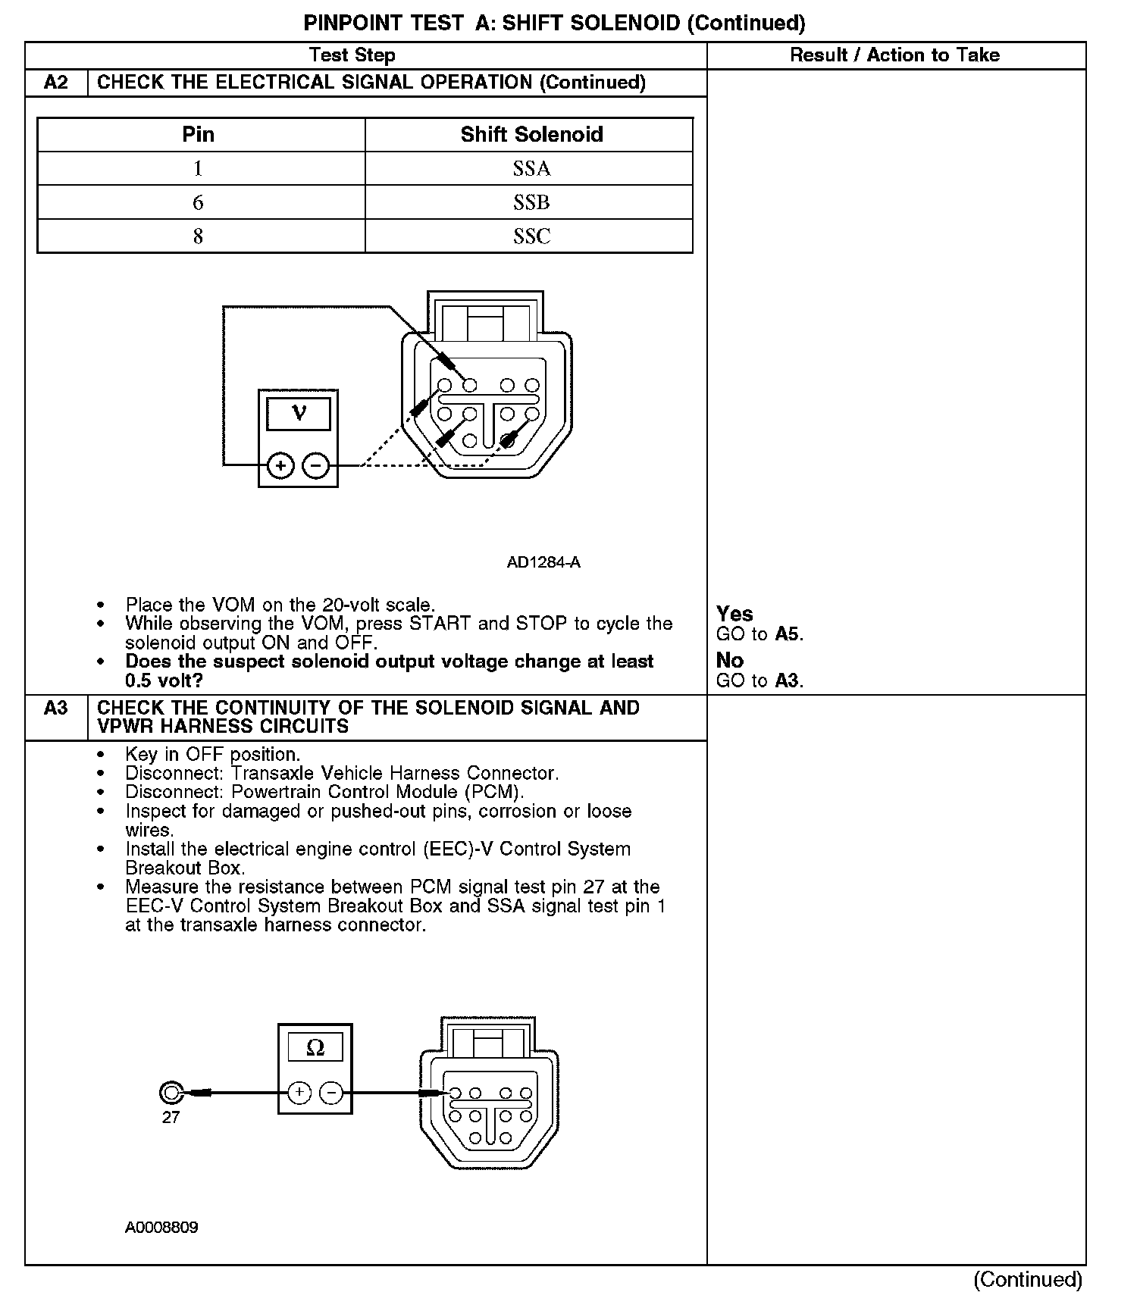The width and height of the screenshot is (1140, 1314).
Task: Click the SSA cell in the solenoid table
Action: pos(531,168)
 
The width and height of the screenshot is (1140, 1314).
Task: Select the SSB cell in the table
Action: pos(531,202)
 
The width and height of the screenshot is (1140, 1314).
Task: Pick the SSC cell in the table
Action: pos(531,236)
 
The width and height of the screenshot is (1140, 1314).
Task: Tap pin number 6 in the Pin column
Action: pos(198,202)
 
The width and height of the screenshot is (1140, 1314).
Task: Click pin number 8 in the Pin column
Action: pos(198,236)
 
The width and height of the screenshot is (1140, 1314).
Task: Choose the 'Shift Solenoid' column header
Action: pos(531,135)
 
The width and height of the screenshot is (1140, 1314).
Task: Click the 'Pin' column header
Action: pos(198,135)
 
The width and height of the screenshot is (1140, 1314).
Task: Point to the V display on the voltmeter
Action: pos(299,414)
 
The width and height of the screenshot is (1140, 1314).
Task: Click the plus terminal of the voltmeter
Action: pos(280,465)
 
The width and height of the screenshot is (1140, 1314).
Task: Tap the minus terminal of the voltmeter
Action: pos(316,465)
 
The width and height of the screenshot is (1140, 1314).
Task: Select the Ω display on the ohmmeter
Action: pos(315,1048)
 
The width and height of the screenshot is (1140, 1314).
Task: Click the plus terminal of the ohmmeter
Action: pos(299,1093)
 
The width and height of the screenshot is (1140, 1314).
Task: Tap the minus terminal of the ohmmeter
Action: pos(331,1093)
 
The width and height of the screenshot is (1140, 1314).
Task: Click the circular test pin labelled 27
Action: pos(171,1093)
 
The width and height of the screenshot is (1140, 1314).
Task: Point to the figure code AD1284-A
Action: pos(543,562)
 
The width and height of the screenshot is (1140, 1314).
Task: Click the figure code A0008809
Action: pos(161,1228)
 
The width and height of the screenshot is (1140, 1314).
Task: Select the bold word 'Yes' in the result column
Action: pos(734,614)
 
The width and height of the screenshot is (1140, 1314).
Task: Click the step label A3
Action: pos(56,708)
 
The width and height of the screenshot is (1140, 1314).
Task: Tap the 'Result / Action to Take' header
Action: pos(894,55)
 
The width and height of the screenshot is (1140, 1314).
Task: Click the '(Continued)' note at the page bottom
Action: pos(1027,1280)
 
